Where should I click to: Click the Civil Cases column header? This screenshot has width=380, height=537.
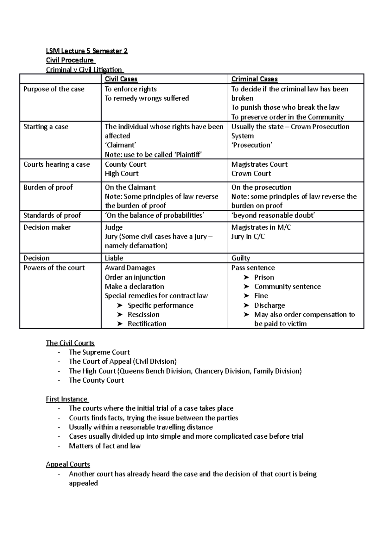point(121,79)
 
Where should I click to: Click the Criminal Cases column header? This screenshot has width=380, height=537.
point(254,79)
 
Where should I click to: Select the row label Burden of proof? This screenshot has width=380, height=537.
point(48,187)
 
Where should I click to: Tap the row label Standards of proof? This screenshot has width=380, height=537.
point(52,215)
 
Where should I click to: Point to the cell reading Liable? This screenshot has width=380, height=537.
point(114,258)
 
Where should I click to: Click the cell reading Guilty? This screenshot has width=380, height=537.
point(240,258)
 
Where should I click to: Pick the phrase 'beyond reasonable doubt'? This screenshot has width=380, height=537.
point(273,215)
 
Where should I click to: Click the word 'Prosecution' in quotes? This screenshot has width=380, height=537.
point(252,145)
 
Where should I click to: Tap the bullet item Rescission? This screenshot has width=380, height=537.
point(143,315)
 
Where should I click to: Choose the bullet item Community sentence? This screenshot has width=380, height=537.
point(287,287)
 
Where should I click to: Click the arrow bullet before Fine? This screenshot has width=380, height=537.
point(246,296)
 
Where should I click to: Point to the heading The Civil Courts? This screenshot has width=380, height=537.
point(70,343)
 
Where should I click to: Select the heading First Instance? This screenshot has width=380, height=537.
point(66,399)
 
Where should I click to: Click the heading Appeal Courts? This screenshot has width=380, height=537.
point(68,464)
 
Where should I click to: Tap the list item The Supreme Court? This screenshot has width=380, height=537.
point(99,352)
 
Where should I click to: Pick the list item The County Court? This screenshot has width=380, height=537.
point(96,380)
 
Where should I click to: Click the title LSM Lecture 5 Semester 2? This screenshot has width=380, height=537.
point(87,51)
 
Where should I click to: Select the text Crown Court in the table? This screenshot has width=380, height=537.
point(251,174)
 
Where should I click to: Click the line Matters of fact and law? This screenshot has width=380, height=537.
point(104,446)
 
